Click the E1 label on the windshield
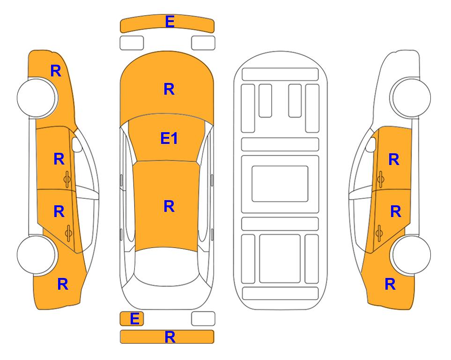tap(169, 138)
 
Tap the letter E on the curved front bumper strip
tap(170, 22)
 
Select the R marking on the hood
tap(169, 89)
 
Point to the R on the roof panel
tap(169, 207)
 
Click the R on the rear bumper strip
tap(170, 337)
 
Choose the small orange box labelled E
tap(132, 319)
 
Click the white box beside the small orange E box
tap(203, 319)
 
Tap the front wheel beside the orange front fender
tap(37, 97)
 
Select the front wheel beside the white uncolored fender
tap(410, 97)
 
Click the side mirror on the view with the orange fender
tap(77, 144)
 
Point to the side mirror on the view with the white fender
tap(371, 144)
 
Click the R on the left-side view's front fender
tap(56, 71)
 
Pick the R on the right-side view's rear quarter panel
tap(390, 284)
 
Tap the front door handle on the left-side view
tap(67, 179)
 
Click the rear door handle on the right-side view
tap(379, 233)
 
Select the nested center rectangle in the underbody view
tap(280, 184)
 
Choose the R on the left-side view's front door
tap(59, 159)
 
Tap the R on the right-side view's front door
tap(394, 159)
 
